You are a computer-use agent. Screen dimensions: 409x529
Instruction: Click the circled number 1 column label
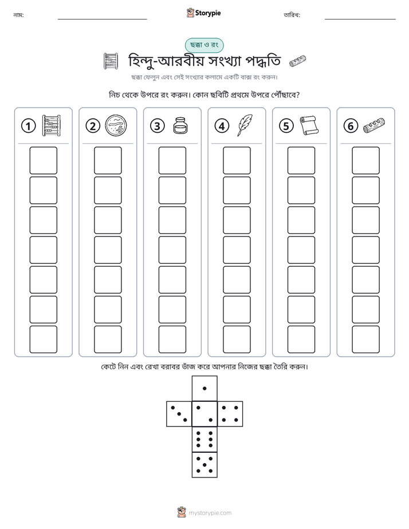[x=28, y=126]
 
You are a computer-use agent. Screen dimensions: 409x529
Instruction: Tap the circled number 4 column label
[x=222, y=126]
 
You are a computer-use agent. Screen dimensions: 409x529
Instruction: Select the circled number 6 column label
[x=351, y=126]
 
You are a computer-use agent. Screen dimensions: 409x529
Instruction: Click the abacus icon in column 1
[x=52, y=125]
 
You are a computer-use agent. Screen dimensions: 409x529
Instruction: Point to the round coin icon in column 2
[x=116, y=125]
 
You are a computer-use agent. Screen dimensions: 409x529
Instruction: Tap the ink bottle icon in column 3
[x=180, y=125]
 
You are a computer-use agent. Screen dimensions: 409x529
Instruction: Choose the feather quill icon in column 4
[x=245, y=125]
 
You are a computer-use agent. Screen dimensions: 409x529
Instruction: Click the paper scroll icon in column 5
[x=309, y=125]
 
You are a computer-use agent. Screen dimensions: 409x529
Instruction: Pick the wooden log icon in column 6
[x=374, y=125]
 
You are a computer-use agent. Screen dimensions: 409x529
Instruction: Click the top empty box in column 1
[x=43, y=160]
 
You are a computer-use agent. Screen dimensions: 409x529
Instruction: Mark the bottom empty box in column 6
[x=365, y=339]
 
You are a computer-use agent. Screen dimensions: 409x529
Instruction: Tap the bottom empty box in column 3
[x=172, y=339]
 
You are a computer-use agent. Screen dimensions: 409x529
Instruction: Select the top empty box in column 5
[x=301, y=160]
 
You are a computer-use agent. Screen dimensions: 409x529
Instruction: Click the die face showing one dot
[x=204, y=388]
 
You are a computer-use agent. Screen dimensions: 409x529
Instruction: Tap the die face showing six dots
[x=204, y=439]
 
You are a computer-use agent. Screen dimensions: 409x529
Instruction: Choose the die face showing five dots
[x=204, y=464]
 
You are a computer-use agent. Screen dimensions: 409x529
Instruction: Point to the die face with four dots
[x=230, y=414]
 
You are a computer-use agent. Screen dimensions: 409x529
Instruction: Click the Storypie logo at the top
[x=203, y=13]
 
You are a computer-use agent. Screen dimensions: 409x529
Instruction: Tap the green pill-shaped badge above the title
[x=204, y=45]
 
